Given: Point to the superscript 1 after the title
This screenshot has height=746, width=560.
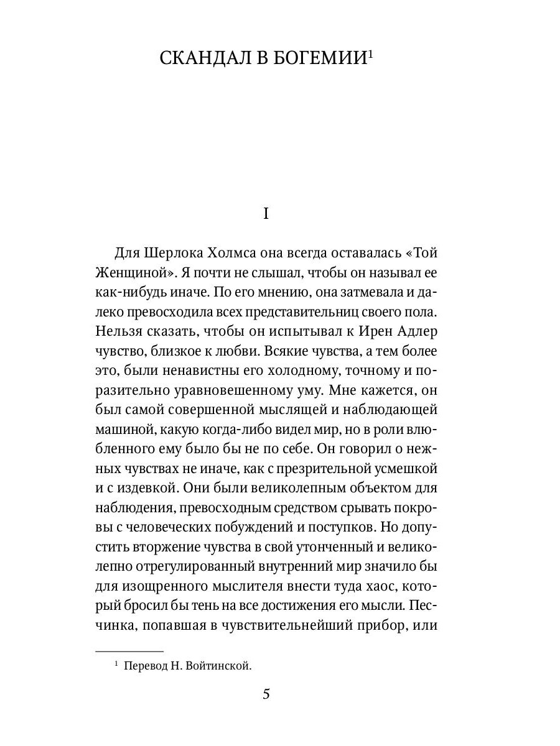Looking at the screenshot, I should [x=370, y=53].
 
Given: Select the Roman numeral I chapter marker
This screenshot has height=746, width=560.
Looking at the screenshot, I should [x=266, y=214].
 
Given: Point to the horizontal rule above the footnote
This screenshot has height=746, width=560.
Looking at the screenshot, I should [x=129, y=651].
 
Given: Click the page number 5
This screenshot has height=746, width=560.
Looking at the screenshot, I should [x=266, y=694].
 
